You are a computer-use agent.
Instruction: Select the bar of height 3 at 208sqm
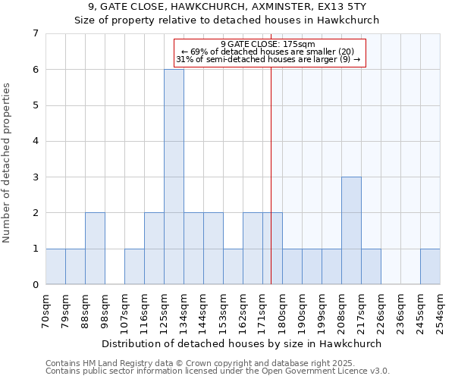tap(351, 230)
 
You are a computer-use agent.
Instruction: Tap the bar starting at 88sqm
tap(95, 249)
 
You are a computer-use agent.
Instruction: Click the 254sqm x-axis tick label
tap(441, 312)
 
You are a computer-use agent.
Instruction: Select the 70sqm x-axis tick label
tap(46, 312)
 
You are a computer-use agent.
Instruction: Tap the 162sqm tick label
tap(243, 312)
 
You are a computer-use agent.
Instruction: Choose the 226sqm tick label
tap(381, 312)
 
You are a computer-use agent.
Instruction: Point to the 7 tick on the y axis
tap(35, 33)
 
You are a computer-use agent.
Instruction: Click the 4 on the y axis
tap(35, 141)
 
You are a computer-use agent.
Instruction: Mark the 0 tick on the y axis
tap(35, 285)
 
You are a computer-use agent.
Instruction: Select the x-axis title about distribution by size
tap(241, 343)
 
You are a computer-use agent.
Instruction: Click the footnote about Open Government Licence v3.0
tap(218, 371)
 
